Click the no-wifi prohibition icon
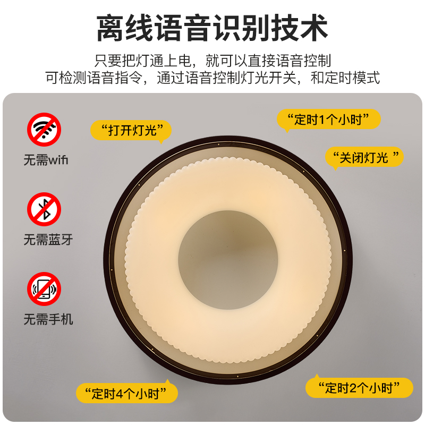click(44, 130)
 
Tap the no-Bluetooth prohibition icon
click(44, 209)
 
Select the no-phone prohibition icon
click(44, 289)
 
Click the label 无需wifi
click(46, 160)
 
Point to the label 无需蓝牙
click(48, 240)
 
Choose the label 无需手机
click(48, 319)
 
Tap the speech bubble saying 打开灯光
click(131, 131)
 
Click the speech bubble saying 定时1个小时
click(329, 119)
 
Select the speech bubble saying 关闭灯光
click(364, 157)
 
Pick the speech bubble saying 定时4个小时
click(127, 393)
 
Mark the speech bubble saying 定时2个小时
click(359, 388)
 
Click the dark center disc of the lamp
click(228, 260)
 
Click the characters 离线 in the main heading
click(125, 28)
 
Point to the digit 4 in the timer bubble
click(120, 394)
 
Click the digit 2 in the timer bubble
click(353, 388)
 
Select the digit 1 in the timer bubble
click(322, 120)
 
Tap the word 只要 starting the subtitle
click(108, 61)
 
